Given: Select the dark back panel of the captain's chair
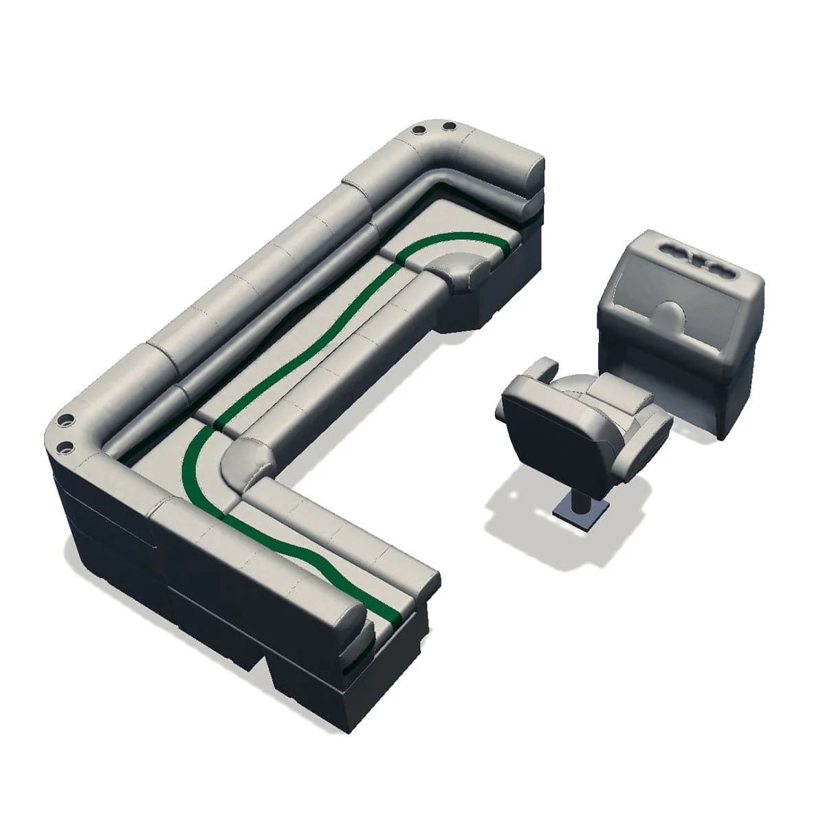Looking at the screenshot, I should pos(543,440).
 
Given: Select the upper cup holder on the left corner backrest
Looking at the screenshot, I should pos(67,419).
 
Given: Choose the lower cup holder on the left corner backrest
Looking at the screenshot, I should pos(67,448).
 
